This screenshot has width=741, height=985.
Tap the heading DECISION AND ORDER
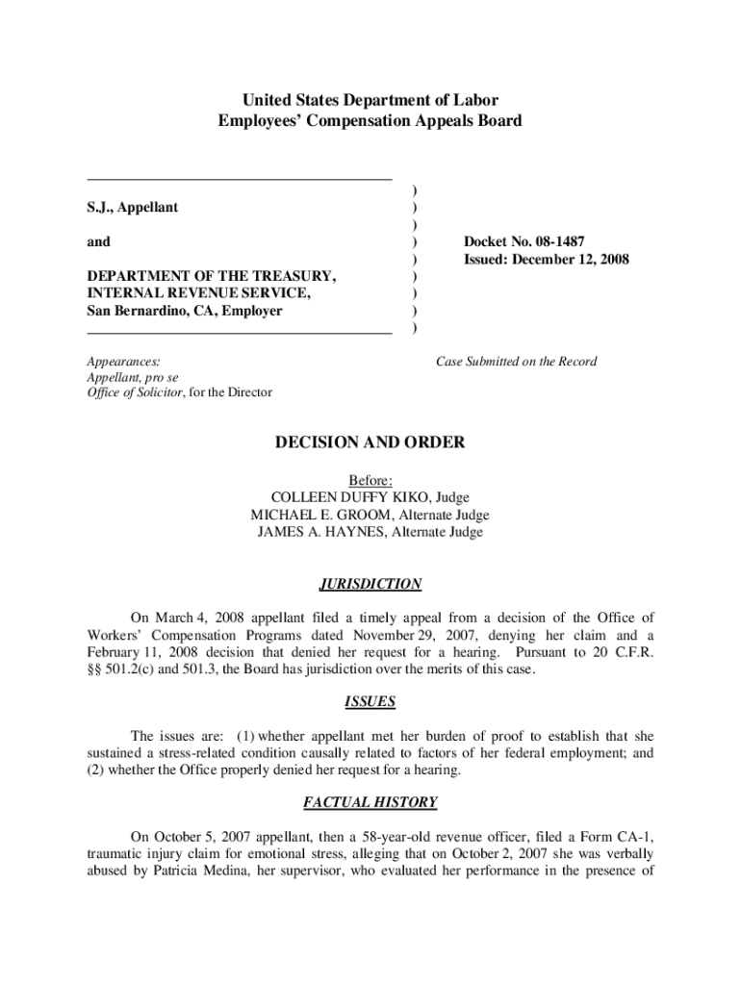pyautogui.click(x=370, y=442)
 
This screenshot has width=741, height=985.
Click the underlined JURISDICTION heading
pyautogui.click(x=370, y=584)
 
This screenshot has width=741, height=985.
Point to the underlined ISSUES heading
pyautogui.click(x=370, y=702)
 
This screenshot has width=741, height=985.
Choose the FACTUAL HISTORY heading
pyautogui.click(x=370, y=802)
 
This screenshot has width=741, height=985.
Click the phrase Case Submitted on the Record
pyautogui.click(x=516, y=362)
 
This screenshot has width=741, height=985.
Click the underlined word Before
pyautogui.click(x=370, y=480)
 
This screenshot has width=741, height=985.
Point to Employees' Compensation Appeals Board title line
pyautogui.click(x=370, y=121)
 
